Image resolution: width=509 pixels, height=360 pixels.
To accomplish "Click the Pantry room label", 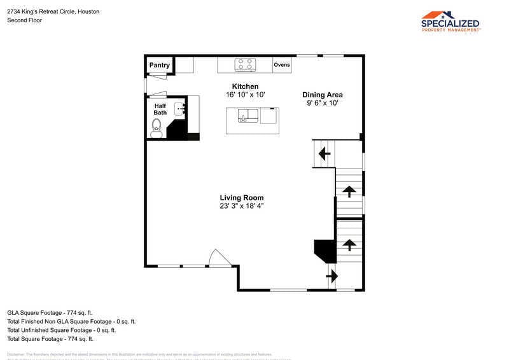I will (160, 65).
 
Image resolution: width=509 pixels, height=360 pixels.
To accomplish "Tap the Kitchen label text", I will (245, 87).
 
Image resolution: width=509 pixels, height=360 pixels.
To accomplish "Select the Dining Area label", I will (322, 95).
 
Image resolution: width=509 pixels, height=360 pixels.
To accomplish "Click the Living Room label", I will (242, 198).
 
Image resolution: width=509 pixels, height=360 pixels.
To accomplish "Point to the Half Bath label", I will (160, 109).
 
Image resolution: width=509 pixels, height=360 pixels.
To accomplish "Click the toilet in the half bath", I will (156, 130).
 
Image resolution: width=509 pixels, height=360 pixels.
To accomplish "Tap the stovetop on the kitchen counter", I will (245, 64).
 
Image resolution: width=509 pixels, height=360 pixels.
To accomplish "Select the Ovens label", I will (282, 65).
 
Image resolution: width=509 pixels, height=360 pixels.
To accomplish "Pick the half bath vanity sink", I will (180, 109).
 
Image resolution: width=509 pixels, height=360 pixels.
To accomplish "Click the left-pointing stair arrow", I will (324, 153).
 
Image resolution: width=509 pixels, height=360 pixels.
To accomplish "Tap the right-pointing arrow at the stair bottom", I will (332, 277).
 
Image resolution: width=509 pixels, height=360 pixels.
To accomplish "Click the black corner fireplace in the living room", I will (326, 250).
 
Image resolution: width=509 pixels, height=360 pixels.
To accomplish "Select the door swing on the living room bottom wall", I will (220, 258).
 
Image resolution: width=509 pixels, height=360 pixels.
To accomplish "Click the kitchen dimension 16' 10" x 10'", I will (245, 95).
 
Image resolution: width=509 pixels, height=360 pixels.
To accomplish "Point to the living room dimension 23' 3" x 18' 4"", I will (242, 206).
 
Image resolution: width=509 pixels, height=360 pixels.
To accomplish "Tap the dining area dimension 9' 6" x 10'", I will (322, 103).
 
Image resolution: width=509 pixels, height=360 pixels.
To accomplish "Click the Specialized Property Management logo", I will (450, 21).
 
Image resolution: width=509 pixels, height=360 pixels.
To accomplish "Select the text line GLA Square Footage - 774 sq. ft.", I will (50, 312).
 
